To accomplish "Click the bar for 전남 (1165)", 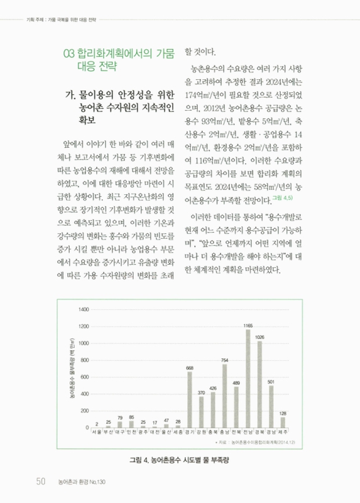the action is click(x=248, y=378).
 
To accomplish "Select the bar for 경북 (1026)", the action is click(x=259, y=384).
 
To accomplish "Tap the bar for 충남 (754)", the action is click(x=224, y=396).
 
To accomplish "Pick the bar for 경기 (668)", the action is click(x=189, y=400).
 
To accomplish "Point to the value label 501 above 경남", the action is click(x=271, y=382).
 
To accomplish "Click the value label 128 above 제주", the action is click(x=283, y=413).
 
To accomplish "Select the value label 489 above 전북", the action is click(x=236, y=382).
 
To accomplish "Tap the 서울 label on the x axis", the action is click(x=96, y=433).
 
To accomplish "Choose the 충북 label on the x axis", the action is click(x=213, y=433).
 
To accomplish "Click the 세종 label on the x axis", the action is click(x=178, y=433).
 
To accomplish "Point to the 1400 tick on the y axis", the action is click(x=84, y=310).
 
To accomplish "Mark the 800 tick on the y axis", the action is click(x=85, y=360).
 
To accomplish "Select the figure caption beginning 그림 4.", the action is click(x=180, y=460).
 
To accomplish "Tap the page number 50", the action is click(x=40, y=481).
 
